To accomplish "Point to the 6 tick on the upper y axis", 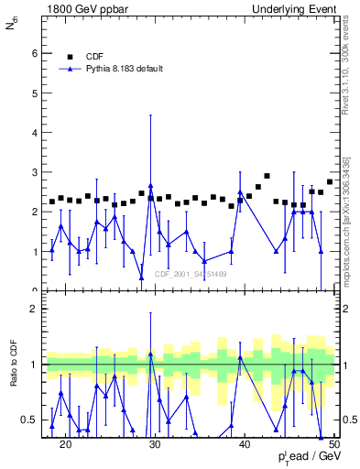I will (35, 53).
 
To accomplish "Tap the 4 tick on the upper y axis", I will (35, 133).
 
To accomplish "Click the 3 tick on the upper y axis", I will (35, 172).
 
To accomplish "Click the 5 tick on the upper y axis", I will (35, 93).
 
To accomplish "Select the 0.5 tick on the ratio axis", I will (31, 420).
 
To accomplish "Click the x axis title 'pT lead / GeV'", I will (305, 459).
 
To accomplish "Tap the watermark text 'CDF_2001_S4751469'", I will (191, 274).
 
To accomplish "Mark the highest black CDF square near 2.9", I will (267, 176).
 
